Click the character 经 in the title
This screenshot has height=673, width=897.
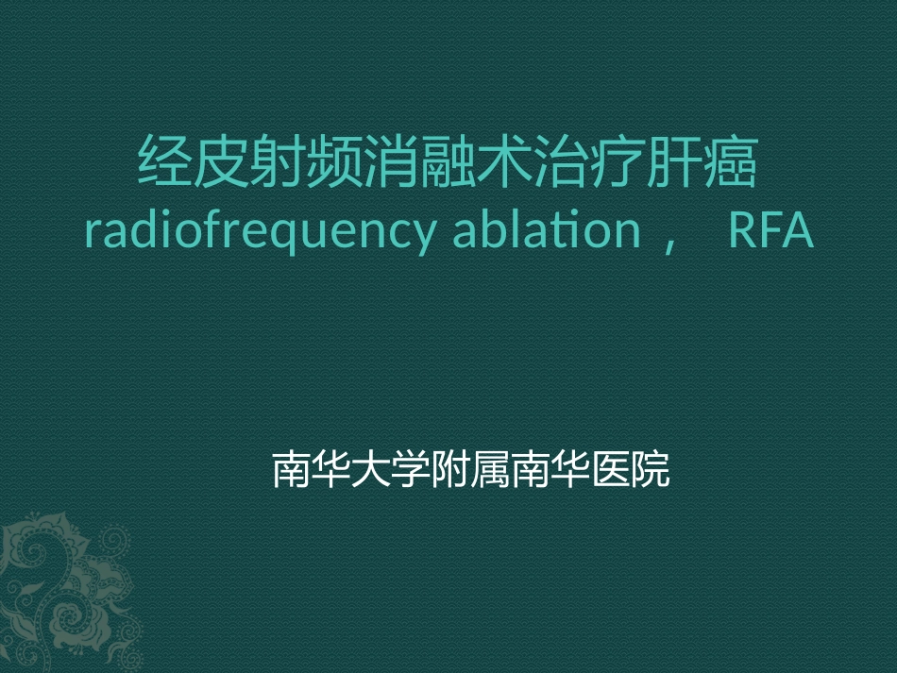166,162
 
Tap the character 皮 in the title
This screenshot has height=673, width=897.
222,162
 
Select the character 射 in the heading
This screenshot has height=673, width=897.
279,162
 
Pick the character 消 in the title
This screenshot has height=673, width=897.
391,162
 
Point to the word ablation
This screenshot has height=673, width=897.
547,230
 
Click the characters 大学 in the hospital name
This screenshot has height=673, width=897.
391,469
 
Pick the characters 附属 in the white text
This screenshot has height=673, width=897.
470,469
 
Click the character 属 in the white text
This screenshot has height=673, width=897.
491,469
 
